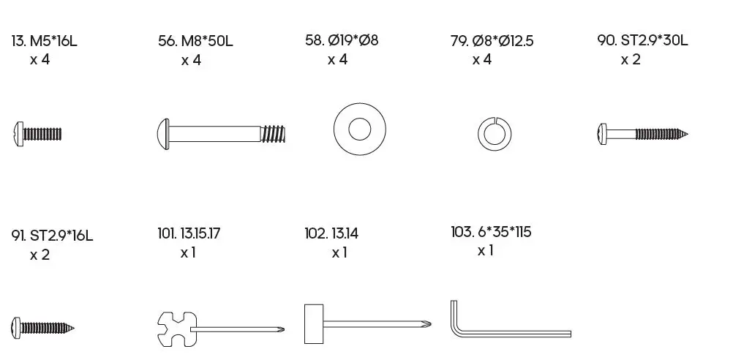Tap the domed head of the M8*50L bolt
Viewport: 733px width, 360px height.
coord(162,134)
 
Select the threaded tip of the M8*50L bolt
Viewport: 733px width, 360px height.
coord(273,134)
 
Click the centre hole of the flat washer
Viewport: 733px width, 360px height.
coord(359,129)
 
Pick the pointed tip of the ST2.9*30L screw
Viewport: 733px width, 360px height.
coord(688,135)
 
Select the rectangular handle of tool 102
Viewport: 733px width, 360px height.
coord(314,323)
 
